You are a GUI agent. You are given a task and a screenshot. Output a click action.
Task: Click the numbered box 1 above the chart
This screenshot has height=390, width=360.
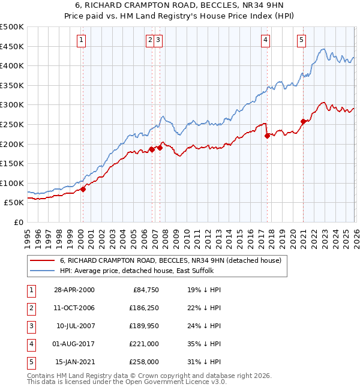coord(82,40)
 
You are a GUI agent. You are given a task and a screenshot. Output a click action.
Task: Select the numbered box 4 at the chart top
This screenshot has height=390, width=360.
coord(265,40)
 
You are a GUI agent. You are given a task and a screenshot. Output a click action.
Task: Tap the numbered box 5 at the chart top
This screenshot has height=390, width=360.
coord(301,40)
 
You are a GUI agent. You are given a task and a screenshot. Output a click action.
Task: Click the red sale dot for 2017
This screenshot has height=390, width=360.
coord(267,136)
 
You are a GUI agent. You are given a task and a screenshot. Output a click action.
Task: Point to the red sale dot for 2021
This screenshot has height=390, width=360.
coord(303,121)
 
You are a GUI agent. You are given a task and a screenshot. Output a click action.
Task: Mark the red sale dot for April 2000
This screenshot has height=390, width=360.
coord(83,189)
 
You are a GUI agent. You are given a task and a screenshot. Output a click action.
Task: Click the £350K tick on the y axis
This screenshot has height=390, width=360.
coord(12,85)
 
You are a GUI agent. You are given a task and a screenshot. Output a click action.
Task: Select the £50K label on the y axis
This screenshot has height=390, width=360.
coord(14,203)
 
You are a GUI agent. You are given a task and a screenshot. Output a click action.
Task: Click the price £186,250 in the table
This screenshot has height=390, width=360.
coord(142,308)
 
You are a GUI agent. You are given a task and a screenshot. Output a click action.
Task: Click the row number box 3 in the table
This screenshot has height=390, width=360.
coord(30,326)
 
